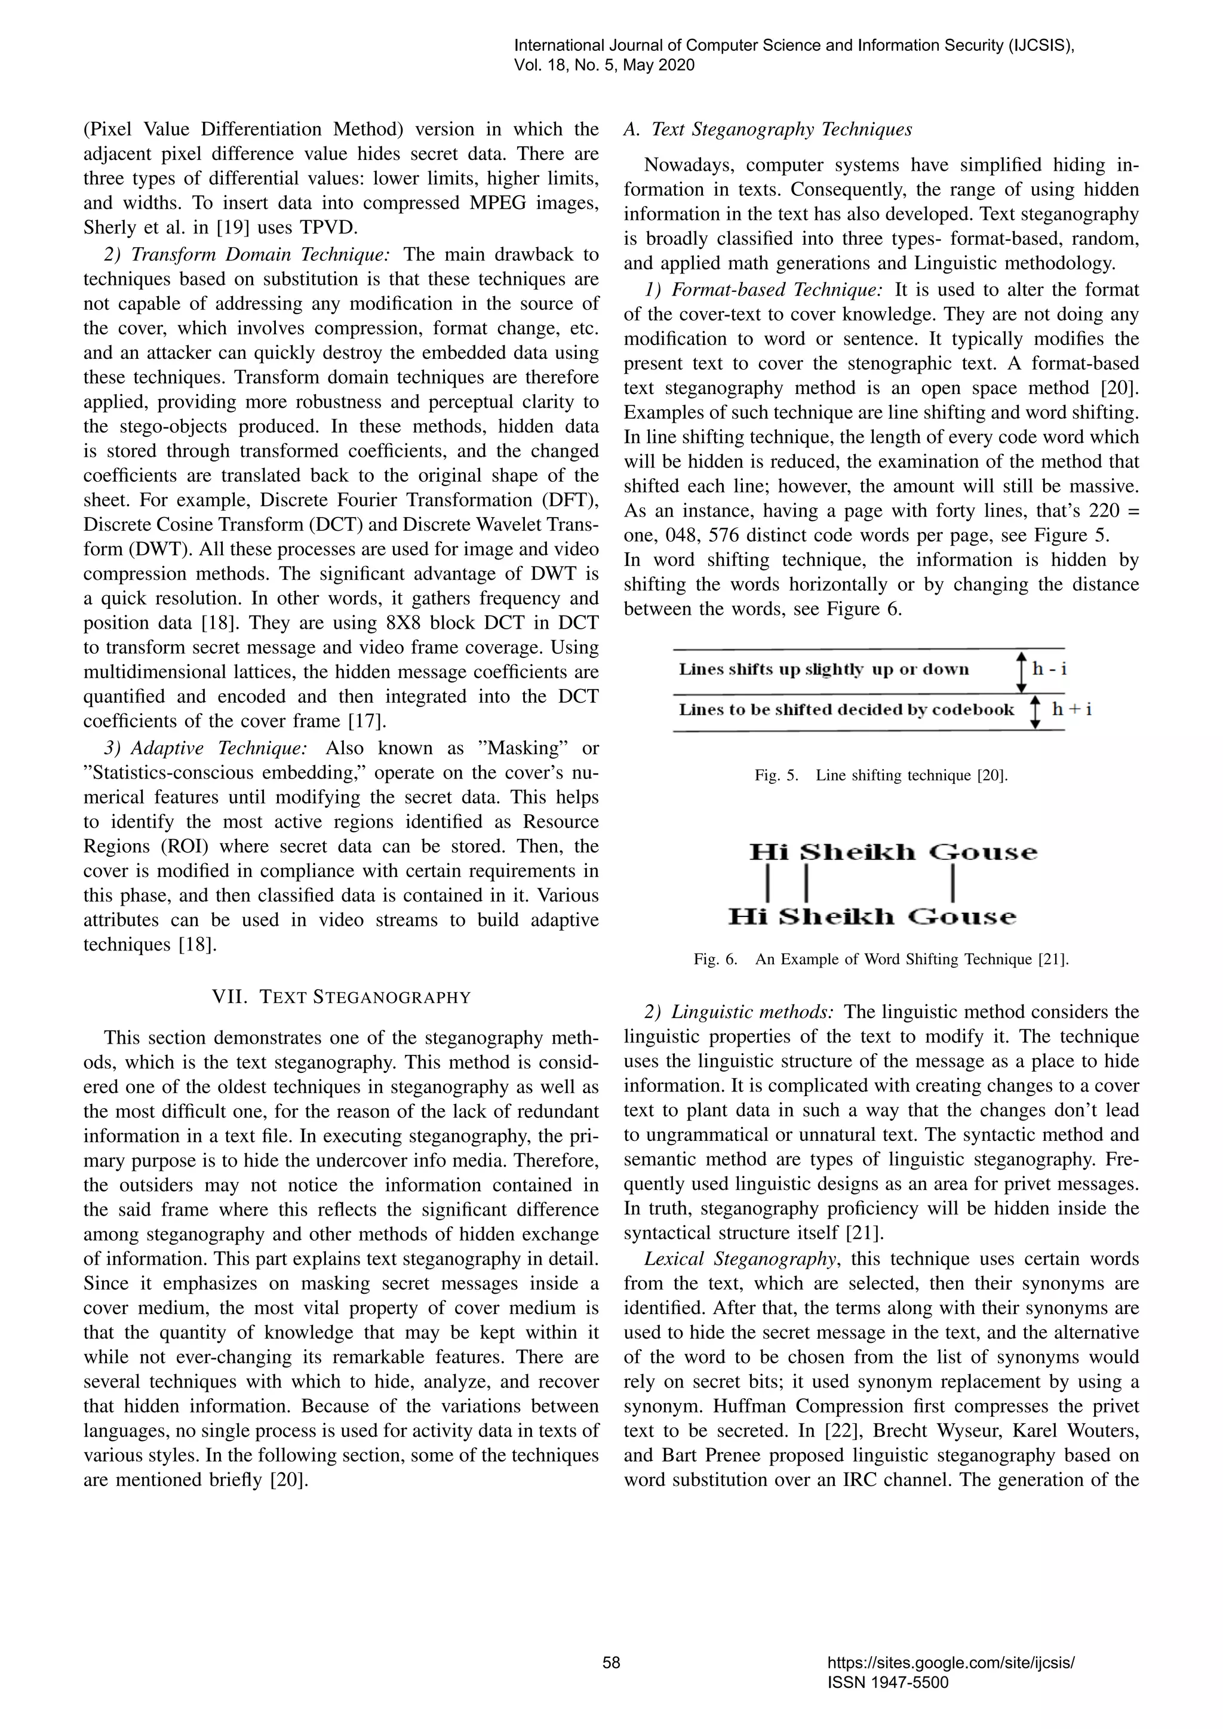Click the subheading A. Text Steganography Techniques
pyautogui.click(x=768, y=130)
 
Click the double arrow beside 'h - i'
pyautogui.click(x=1021, y=672)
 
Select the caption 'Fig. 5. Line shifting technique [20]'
pyautogui.click(x=881, y=775)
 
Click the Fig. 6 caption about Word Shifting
pyautogui.click(x=881, y=959)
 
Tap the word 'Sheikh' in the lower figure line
pyautogui.click(x=835, y=916)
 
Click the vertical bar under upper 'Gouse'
pyautogui.click(x=954, y=884)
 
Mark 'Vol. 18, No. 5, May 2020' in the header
pyautogui.click(x=604, y=66)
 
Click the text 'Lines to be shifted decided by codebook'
pyautogui.click(x=846, y=709)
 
